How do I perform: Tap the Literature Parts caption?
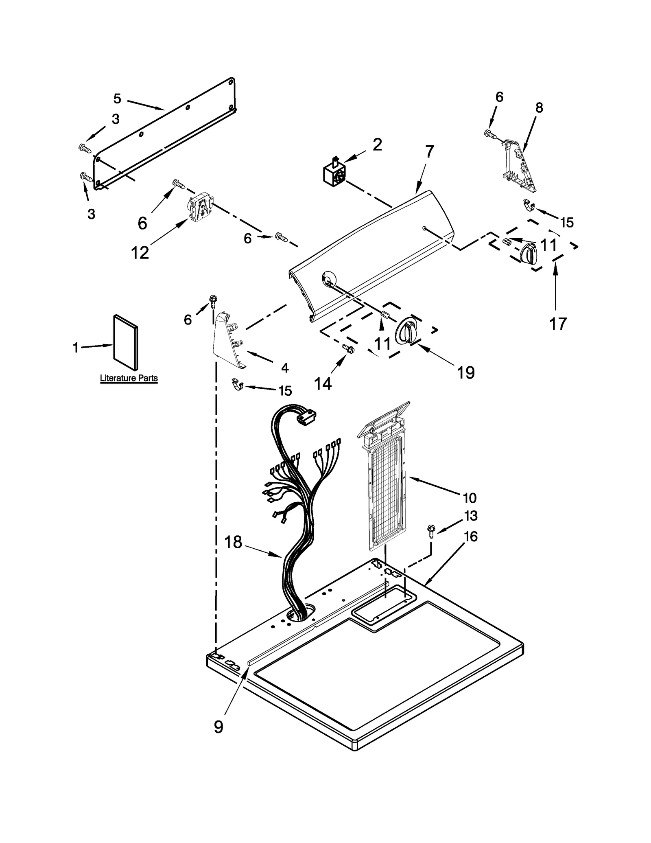(129, 378)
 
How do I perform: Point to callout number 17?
(557, 324)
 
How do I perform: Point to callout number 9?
(218, 726)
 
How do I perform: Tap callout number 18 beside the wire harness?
(233, 542)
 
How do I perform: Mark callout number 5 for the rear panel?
(117, 98)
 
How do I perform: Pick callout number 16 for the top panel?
(471, 536)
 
